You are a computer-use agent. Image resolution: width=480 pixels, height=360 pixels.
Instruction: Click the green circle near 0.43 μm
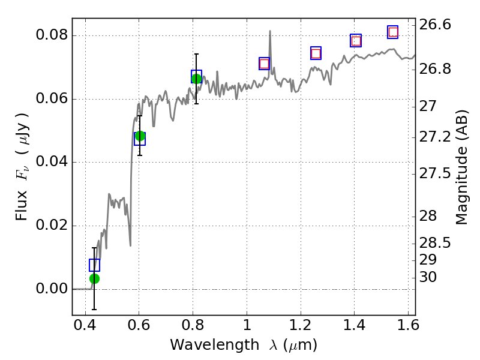click(x=94, y=278)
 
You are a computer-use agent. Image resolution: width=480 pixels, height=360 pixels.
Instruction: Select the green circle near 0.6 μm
click(x=140, y=136)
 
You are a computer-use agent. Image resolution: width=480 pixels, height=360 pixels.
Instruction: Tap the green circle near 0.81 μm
click(x=196, y=78)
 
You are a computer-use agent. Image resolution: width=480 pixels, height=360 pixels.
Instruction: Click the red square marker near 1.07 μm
click(x=264, y=64)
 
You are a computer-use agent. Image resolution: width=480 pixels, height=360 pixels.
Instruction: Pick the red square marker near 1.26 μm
click(x=316, y=53)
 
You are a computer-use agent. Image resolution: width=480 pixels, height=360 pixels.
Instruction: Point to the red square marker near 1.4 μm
click(x=356, y=41)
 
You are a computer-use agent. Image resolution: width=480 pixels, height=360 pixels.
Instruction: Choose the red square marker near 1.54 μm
click(x=393, y=32)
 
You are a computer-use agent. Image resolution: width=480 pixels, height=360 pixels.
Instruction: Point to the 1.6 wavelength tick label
click(x=408, y=328)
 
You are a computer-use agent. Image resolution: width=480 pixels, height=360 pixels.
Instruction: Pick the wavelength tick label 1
click(x=247, y=328)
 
